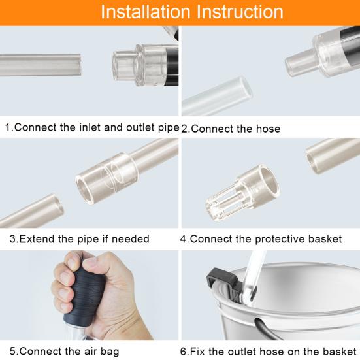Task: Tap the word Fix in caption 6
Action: (199, 351)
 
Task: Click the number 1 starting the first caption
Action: (8, 127)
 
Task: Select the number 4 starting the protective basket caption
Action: (184, 238)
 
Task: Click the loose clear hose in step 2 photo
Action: (215, 95)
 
